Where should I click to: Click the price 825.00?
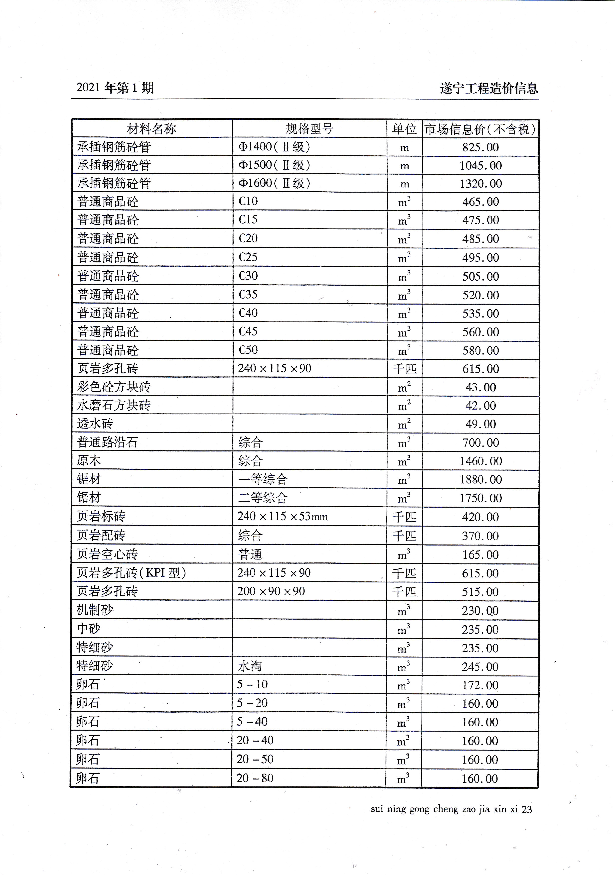click(480, 147)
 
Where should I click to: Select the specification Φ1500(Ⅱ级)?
click(274, 165)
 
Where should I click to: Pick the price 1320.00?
click(480, 184)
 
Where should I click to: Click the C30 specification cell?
click(248, 276)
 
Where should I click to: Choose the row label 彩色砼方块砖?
click(114, 387)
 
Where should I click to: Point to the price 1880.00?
click(480, 479)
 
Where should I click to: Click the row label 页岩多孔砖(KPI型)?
click(131, 573)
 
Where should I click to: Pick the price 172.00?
click(480, 685)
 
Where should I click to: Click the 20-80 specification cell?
click(255, 778)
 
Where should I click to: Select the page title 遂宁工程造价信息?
click(489, 88)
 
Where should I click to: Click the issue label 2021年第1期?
click(115, 88)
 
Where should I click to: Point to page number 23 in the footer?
click(527, 809)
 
